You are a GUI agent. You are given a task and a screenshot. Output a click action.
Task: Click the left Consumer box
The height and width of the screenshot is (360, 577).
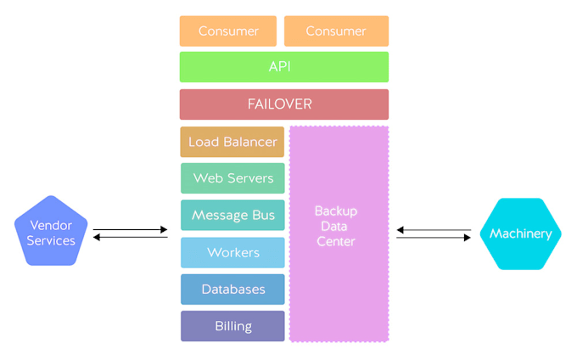point(227,31)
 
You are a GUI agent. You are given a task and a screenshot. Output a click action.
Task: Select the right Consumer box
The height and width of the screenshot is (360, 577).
point(336,31)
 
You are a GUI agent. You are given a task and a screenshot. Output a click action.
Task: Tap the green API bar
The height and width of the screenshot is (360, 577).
point(283,67)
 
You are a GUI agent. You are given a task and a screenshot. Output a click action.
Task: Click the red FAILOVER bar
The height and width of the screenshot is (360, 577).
point(283,104)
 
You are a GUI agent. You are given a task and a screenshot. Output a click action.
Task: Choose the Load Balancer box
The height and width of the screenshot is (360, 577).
point(232,142)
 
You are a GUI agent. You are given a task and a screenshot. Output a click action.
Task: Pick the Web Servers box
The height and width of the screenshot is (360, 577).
point(232,178)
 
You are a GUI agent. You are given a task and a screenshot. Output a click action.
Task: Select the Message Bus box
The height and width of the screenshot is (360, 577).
point(232,216)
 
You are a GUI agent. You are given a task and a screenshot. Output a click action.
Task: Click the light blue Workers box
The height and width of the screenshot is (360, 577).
point(232,252)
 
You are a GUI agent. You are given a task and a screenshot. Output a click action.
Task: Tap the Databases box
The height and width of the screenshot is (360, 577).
point(232,290)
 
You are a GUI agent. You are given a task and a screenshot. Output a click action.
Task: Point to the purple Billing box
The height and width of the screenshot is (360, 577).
point(232,326)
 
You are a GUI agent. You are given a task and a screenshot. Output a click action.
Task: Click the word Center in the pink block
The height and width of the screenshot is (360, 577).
point(336,242)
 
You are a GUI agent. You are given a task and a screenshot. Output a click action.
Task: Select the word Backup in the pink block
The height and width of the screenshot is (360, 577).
point(336,211)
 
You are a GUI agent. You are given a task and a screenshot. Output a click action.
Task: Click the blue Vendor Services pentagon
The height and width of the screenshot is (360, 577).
point(51,233)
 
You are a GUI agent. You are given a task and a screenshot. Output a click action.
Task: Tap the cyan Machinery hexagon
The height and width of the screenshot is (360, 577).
point(520,233)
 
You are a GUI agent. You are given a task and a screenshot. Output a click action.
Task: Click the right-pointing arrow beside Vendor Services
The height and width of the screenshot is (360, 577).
point(131,229)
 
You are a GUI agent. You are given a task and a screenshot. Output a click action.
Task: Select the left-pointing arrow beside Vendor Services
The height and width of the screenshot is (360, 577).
point(131,237)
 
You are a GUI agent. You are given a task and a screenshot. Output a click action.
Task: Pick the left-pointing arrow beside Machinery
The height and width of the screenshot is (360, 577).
point(434,229)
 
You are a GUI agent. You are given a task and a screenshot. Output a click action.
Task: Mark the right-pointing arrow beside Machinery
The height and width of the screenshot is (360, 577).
point(434,238)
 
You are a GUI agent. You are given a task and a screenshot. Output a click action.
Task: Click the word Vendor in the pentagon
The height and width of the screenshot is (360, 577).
point(51,225)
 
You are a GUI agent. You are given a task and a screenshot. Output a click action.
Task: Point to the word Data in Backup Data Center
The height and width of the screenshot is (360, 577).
point(336,227)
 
